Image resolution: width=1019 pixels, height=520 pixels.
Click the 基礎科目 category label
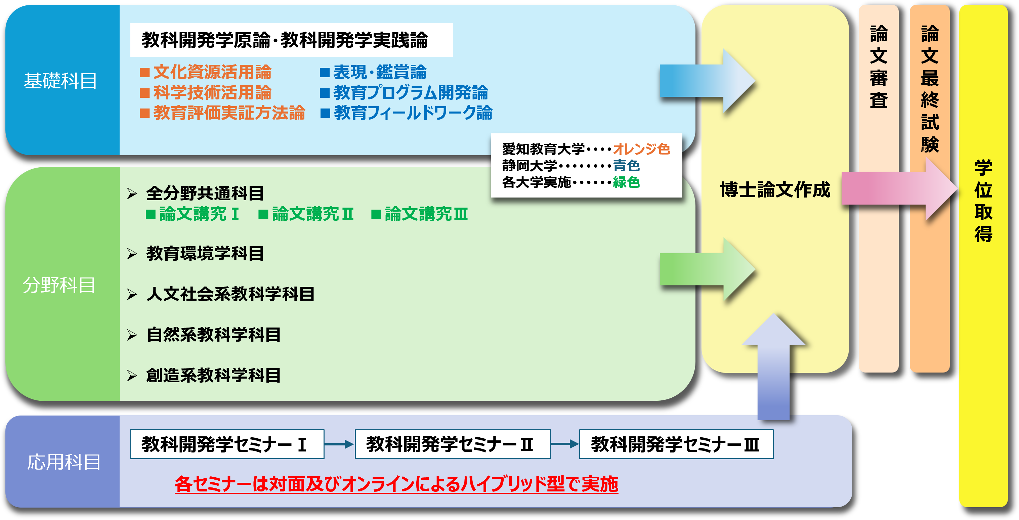(x=60, y=81)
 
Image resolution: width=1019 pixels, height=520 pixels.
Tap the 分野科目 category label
(x=59, y=285)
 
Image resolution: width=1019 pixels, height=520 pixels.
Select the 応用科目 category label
(x=63, y=462)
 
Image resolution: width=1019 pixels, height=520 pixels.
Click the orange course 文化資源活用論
(x=212, y=72)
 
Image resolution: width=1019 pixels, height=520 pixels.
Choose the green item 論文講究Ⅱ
(x=312, y=214)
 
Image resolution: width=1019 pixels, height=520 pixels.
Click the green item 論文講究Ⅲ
(x=426, y=214)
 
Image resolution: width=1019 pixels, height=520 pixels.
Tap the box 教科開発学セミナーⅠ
(x=227, y=444)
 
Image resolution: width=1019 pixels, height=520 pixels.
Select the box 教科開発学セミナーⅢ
(x=676, y=444)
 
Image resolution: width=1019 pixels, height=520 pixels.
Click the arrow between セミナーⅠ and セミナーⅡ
(x=339, y=444)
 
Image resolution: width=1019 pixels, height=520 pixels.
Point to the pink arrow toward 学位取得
(x=898, y=189)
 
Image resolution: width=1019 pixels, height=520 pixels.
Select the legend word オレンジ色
(x=641, y=149)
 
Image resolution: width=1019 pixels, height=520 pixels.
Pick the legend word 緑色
(x=626, y=182)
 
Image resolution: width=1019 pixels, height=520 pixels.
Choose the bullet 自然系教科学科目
(x=213, y=335)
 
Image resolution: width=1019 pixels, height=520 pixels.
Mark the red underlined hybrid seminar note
(x=396, y=484)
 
